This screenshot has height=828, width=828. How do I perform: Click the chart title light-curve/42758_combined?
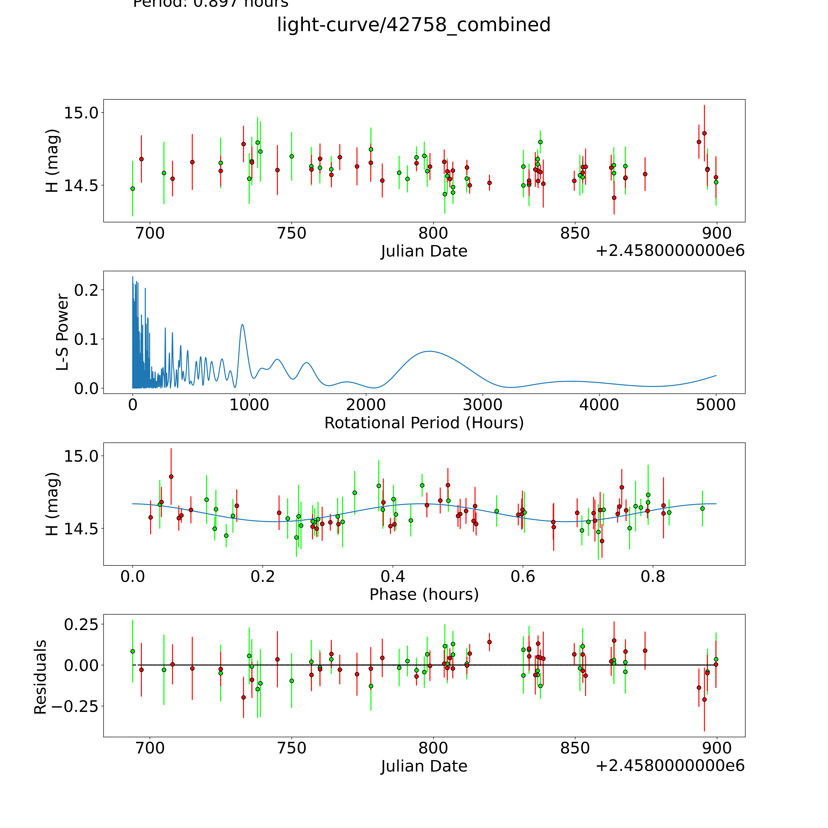(x=414, y=25)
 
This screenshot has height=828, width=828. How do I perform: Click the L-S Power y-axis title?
(x=63, y=332)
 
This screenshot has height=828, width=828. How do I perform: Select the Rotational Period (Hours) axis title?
(x=424, y=423)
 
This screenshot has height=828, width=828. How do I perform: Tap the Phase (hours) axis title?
(x=424, y=594)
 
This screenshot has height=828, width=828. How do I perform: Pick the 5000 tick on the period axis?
(x=716, y=405)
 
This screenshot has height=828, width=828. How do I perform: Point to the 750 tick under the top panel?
(x=291, y=234)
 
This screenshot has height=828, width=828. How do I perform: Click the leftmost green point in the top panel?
(x=132, y=189)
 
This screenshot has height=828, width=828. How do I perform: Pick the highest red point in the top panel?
(x=704, y=133)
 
